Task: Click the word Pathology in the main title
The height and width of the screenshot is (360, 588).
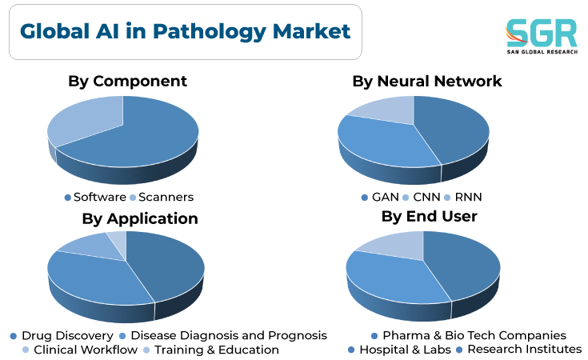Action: coord(210,31)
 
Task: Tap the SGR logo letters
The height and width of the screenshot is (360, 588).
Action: coord(541,33)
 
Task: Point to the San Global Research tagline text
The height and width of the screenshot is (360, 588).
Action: coord(542,52)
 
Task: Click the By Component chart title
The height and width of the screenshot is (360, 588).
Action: coord(127,82)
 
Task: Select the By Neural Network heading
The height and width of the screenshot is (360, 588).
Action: coord(427,81)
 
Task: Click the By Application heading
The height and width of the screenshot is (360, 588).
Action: coord(140,218)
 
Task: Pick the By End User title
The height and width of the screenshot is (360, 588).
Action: coord(430,216)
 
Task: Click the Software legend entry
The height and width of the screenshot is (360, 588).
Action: coord(96,197)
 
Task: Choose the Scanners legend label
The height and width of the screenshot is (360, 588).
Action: coord(162,197)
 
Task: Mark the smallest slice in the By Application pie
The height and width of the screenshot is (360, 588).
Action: coord(118,242)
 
